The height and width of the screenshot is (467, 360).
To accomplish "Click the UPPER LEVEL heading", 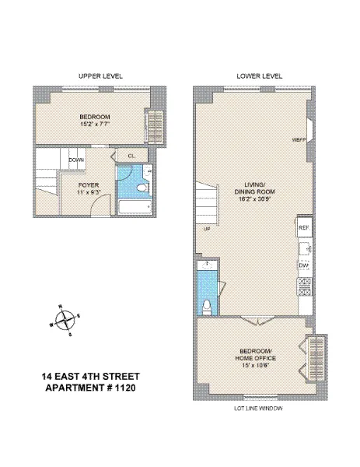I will click(101, 75).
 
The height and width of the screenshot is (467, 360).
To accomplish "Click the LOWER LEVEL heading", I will click(260, 75).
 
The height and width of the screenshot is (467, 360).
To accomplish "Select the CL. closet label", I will click(132, 156).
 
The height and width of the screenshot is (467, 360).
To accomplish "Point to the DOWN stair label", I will click(76, 160).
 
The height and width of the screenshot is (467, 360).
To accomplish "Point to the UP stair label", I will click(207, 229).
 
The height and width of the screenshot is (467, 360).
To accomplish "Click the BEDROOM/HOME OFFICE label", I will click(256, 353).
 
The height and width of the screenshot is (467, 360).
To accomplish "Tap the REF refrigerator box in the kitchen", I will click(304, 227).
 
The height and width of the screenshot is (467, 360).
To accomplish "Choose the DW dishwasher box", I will click(304, 265).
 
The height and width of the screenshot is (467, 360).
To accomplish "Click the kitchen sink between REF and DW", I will click(304, 247).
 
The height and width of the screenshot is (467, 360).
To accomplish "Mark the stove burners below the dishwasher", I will click(304, 283).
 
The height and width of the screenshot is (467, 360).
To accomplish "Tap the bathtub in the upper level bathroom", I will click(138, 207).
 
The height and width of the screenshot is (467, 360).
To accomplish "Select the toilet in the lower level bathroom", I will click(207, 304).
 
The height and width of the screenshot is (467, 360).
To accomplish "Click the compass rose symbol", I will click(65, 319).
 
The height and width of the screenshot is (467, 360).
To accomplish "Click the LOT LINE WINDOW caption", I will click(258, 409).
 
